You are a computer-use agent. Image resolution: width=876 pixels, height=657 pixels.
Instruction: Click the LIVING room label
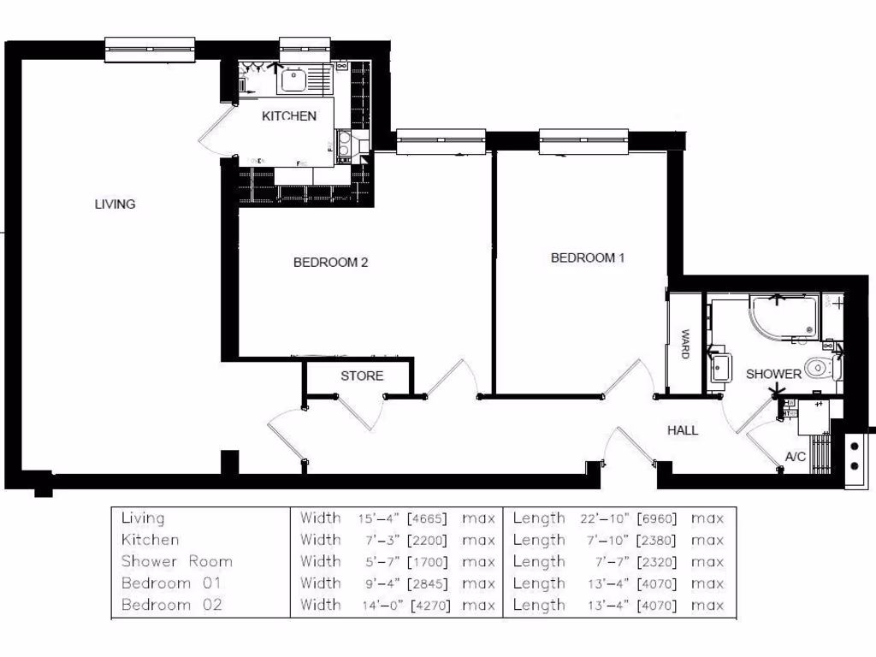[115, 204]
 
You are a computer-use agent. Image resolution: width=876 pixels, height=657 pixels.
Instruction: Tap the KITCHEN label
[289, 116]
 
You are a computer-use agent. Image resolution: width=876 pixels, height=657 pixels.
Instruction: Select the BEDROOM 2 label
[330, 263]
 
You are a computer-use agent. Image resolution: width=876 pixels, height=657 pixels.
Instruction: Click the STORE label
[362, 376]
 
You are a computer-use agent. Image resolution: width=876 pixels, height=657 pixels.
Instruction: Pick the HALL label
[683, 430]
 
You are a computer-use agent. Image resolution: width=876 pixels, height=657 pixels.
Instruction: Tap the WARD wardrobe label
[684, 344]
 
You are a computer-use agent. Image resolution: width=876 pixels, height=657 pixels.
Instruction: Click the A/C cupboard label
[796, 457]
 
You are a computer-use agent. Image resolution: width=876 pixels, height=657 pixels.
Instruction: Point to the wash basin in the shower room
[719, 369]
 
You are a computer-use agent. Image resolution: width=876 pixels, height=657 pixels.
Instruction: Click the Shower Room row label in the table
[176, 561]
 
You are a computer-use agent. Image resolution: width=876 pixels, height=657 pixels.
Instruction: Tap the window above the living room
[150, 50]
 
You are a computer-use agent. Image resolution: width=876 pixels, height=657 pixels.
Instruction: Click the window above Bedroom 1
[584, 141]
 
